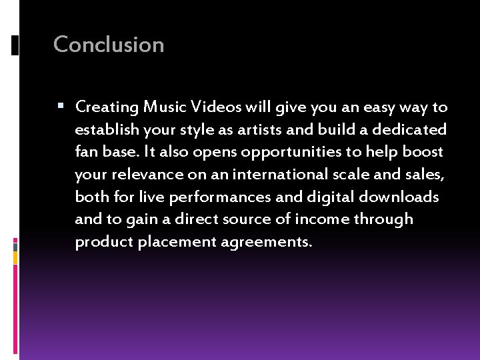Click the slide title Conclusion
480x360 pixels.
point(109,45)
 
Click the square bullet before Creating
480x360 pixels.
point(61,106)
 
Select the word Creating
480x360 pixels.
point(107,107)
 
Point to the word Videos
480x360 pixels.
point(216,107)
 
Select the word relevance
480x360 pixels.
point(140,174)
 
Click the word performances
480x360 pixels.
point(227,197)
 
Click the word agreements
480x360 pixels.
point(268,243)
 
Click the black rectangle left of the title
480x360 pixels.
point(15,45)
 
